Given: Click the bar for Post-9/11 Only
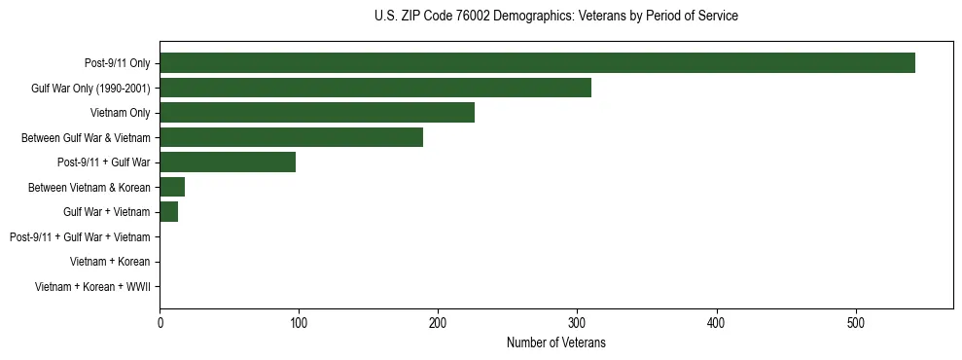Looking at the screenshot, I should click(x=537, y=63).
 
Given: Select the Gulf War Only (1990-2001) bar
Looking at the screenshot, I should click(x=375, y=88).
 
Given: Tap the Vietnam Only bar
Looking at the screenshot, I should click(x=317, y=113).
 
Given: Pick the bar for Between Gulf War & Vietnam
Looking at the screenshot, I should click(x=291, y=137).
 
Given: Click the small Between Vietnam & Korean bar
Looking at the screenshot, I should click(x=172, y=187).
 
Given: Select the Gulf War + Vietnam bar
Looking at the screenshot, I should click(x=169, y=212).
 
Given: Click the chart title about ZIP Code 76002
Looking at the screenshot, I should click(x=555, y=17).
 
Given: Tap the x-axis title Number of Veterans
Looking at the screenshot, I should click(x=555, y=343).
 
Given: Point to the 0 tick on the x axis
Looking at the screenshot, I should click(x=160, y=322).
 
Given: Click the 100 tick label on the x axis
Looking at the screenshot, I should click(x=300, y=322).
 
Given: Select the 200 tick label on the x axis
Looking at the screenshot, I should click(x=439, y=322).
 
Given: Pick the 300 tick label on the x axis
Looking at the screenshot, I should click(x=578, y=322).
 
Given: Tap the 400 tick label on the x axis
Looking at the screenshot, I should click(x=717, y=322).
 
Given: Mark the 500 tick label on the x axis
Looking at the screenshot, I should click(x=856, y=322).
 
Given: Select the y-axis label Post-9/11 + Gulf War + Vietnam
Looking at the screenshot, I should click(x=80, y=237).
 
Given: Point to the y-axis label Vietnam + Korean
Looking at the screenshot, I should click(x=110, y=262).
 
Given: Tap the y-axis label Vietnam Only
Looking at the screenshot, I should click(x=120, y=113).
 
